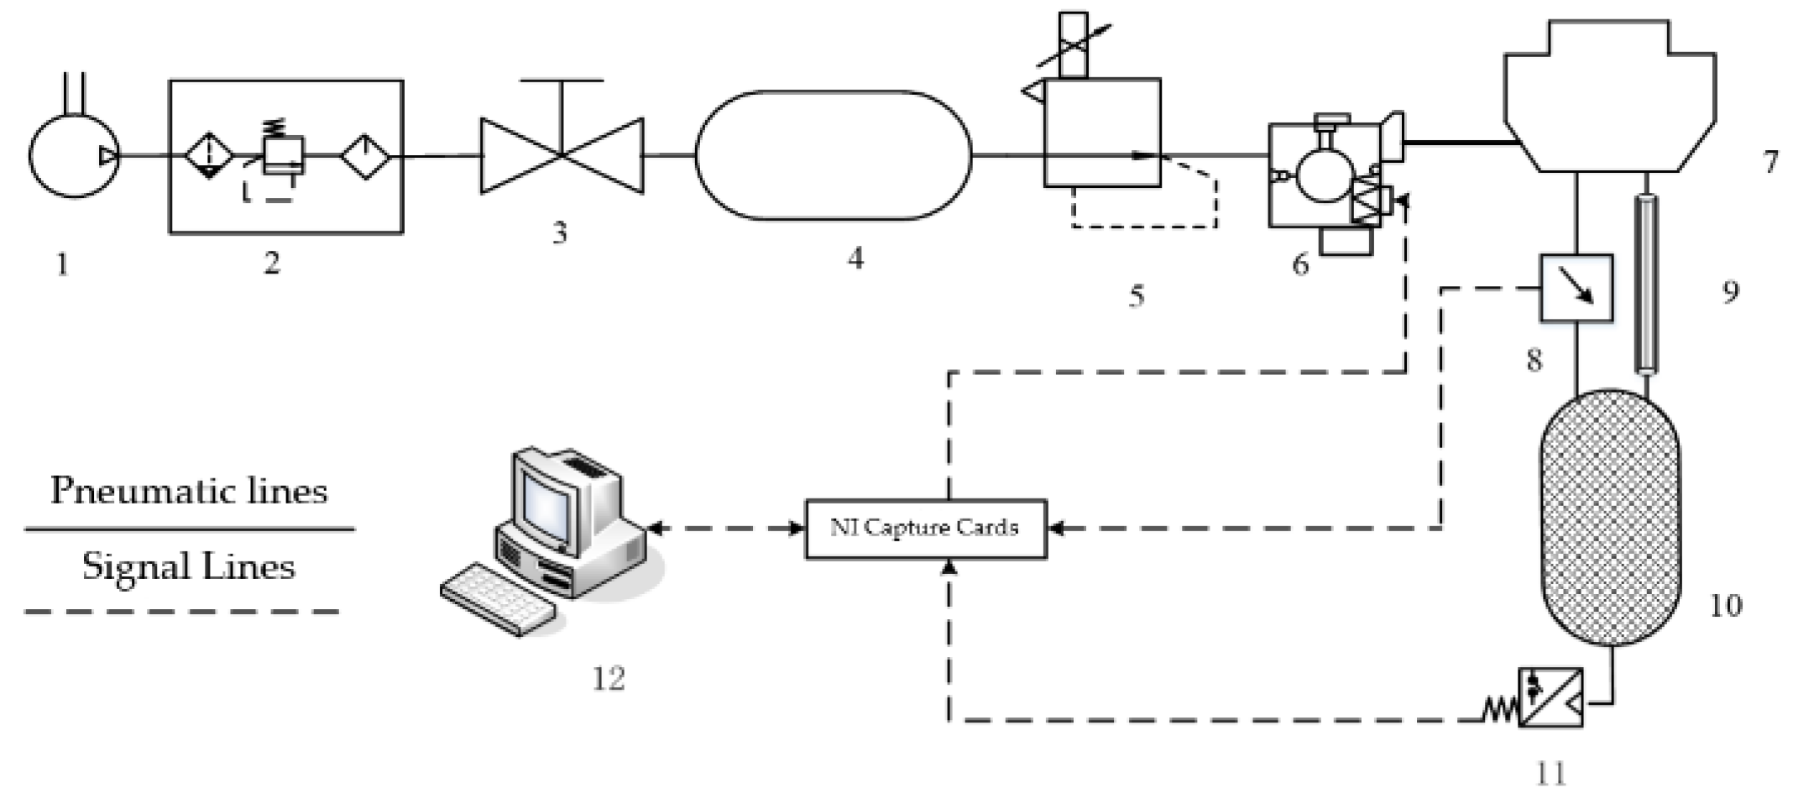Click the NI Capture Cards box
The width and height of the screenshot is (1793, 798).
click(x=925, y=529)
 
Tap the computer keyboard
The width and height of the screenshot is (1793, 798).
click(x=497, y=599)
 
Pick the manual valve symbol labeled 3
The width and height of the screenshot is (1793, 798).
click(x=562, y=156)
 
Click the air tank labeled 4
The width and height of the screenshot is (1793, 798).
click(x=833, y=156)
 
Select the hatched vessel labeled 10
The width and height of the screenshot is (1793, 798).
click(x=1610, y=517)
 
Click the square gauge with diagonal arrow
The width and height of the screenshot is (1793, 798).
click(x=1576, y=289)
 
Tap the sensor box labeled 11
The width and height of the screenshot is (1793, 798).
click(x=1550, y=696)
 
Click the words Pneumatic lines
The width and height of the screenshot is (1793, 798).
click(x=188, y=491)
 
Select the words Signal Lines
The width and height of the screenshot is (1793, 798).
click(x=188, y=566)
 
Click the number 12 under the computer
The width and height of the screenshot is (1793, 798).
click(x=609, y=678)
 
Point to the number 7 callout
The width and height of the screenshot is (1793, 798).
click(x=1769, y=161)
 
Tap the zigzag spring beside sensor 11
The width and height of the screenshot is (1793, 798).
click(x=1500, y=712)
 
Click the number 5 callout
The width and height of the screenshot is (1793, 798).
click(x=1136, y=295)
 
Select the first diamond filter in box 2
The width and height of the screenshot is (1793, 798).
click(x=208, y=156)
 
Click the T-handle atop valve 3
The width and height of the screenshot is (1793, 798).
click(x=562, y=81)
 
